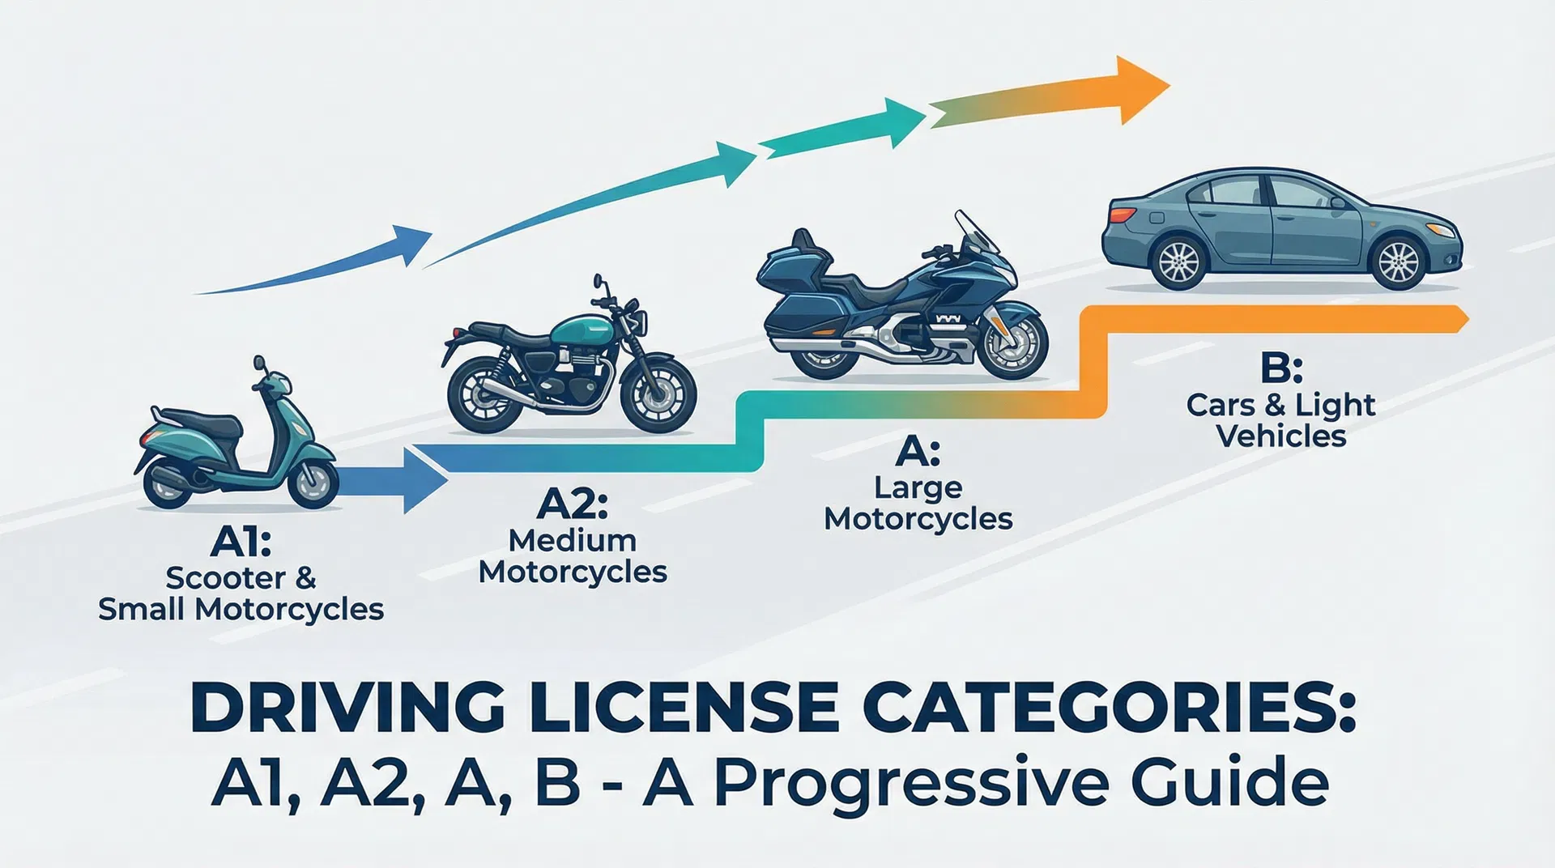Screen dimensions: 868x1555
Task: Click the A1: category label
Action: point(241,542)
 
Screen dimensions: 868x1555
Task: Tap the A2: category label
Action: point(573,504)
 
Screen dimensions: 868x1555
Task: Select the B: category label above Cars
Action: point(1281,368)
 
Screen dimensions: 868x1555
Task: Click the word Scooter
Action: point(225,578)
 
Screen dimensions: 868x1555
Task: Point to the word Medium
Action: point(573,540)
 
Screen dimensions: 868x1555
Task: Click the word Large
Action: point(918,487)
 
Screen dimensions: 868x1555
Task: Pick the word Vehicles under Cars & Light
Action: point(1281,436)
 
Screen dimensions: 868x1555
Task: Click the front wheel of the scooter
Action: point(313,482)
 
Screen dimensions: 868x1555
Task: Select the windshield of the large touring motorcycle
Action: point(978,232)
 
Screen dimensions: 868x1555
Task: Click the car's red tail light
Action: point(1122,215)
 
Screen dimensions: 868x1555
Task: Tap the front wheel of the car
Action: point(1398,263)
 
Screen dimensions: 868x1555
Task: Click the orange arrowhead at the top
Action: point(1141,88)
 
